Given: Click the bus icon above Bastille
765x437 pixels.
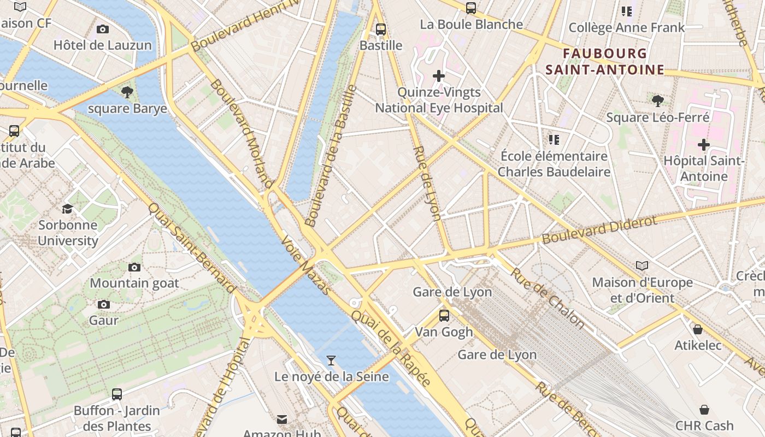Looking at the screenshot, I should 381,29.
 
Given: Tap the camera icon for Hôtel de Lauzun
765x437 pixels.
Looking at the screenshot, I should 102,29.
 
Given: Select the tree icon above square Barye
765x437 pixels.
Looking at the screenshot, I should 127,92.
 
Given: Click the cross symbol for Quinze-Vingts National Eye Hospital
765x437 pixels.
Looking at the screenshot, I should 439,76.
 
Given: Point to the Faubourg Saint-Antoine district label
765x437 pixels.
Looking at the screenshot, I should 604,62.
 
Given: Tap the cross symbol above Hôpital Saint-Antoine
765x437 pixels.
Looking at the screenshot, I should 704,145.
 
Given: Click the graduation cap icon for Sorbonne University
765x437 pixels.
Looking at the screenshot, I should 68,209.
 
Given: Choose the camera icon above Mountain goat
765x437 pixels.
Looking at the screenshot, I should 134,267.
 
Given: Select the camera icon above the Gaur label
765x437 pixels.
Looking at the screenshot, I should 104,304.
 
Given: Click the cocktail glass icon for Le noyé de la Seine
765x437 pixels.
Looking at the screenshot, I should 331,360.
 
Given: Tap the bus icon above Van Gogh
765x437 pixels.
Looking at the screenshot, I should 444,315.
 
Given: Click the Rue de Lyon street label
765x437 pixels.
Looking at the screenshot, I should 427,183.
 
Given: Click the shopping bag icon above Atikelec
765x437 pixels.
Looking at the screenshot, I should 698,329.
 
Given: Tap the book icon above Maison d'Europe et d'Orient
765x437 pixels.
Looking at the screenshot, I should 642,266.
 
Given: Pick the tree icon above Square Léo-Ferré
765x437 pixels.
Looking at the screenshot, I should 658,101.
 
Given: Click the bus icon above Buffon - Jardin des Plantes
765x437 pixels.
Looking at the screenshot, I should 117,394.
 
